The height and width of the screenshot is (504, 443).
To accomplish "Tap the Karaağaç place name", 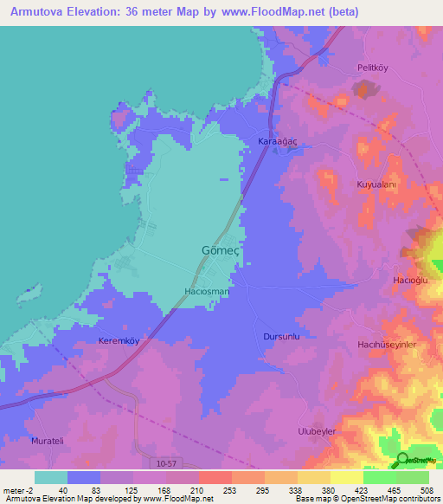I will pos(278,140).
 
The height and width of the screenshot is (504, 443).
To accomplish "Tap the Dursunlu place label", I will pos(280,335).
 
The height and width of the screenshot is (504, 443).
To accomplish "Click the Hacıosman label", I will pos(207,292).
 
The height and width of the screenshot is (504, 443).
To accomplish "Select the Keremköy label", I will pos(119,340).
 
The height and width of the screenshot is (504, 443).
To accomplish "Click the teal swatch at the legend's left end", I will pos(51,477).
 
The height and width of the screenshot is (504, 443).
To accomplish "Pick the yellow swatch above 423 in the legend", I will pos(347,477).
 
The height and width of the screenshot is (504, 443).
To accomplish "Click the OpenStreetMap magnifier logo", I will pos(401,461).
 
